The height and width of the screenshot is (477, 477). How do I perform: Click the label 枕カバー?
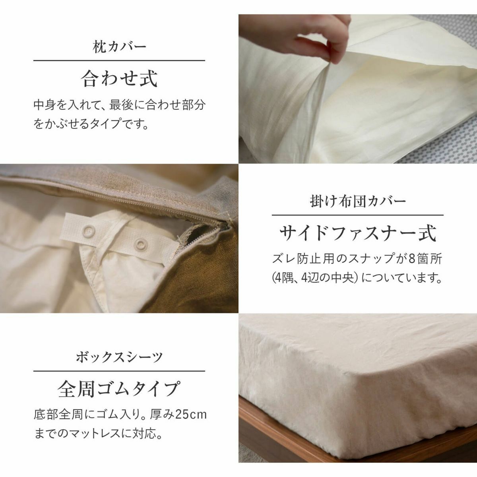point(119,47)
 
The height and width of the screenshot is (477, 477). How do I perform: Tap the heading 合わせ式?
point(119,78)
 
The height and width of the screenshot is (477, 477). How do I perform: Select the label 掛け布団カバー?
point(358,201)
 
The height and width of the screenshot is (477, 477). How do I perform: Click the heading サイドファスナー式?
point(358,233)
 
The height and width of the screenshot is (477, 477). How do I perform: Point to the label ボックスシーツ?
point(119,357)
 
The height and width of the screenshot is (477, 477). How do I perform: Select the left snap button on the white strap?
point(87,231)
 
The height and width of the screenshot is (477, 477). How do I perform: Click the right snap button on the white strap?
point(140,244)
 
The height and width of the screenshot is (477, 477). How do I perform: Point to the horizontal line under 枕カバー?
point(119,60)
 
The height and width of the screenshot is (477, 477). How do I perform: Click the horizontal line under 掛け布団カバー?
point(358,215)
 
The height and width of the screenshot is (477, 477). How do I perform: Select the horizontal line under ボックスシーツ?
point(119,371)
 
